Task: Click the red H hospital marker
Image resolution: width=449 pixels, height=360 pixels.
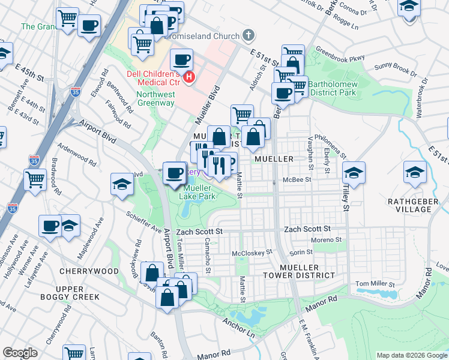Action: pyautogui.click(x=190, y=77)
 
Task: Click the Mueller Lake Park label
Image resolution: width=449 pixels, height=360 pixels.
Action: pyautogui.click(x=199, y=191)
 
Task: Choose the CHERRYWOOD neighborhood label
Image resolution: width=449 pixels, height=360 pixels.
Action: pyautogui.click(x=89, y=271)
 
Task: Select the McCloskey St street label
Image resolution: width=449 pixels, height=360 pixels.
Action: pyautogui.click(x=252, y=252)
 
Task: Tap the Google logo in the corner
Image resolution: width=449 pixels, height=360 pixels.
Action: pyautogui.click(x=20, y=353)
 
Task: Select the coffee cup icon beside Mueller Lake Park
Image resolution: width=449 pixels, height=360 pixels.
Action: pyautogui.click(x=174, y=173)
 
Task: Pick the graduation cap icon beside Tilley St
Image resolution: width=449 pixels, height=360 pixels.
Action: pyautogui.click(x=354, y=173)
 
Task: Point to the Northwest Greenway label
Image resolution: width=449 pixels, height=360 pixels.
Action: pyautogui.click(x=155, y=98)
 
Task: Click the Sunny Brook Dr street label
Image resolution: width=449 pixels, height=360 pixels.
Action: pyautogui.click(x=394, y=70)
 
